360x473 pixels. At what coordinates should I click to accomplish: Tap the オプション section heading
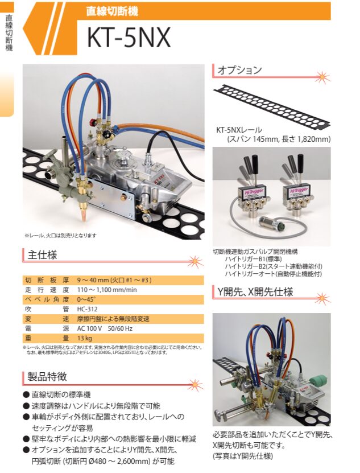point(241,70)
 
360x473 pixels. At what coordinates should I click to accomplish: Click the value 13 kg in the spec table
point(85,338)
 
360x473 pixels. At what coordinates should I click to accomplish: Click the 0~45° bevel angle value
point(87,299)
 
